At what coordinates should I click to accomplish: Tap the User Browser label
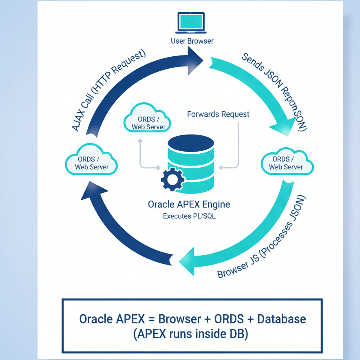192,41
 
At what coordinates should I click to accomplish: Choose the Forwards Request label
218,114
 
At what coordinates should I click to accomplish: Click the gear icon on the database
173,180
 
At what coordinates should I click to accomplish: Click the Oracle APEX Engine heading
189,203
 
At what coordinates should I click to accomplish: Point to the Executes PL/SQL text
189,216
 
